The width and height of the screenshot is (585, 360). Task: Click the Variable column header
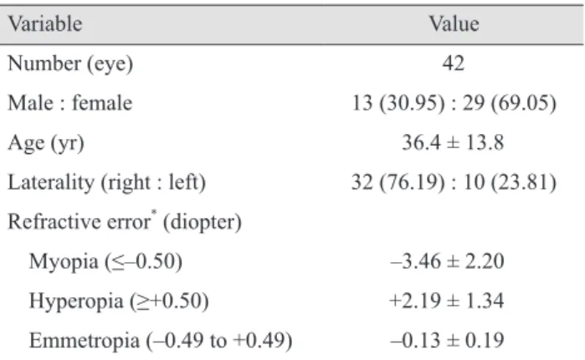(x=45, y=24)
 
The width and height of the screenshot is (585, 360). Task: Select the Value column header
(x=454, y=24)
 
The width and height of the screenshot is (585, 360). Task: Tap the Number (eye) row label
(x=70, y=64)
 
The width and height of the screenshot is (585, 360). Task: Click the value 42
(x=454, y=63)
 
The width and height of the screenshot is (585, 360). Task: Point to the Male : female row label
(x=70, y=103)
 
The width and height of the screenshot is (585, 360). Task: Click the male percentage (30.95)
(x=412, y=103)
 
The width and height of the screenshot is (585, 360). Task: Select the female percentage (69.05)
(x=524, y=103)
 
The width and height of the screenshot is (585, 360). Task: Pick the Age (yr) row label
(x=46, y=143)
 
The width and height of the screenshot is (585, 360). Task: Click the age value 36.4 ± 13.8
(x=453, y=142)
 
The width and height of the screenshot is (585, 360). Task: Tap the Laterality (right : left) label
(x=106, y=183)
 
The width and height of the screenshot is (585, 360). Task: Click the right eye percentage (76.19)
(x=412, y=183)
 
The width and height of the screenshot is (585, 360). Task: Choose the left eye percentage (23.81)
(x=524, y=183)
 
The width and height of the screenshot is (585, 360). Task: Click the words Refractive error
(x=80, y=222)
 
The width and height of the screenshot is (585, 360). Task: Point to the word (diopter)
(x=203, y=223)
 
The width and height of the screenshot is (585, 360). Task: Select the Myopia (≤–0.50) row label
(x=105, y=261)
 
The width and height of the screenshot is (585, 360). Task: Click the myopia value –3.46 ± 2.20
(x=448, y=261)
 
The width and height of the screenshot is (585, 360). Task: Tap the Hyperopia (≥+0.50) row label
(x=119, y=301)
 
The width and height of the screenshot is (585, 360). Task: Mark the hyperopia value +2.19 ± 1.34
(x=447, y=301)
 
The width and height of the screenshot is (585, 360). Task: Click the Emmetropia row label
(x=161, y=341)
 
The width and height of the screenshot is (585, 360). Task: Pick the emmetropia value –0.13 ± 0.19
(x=448, y=340)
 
